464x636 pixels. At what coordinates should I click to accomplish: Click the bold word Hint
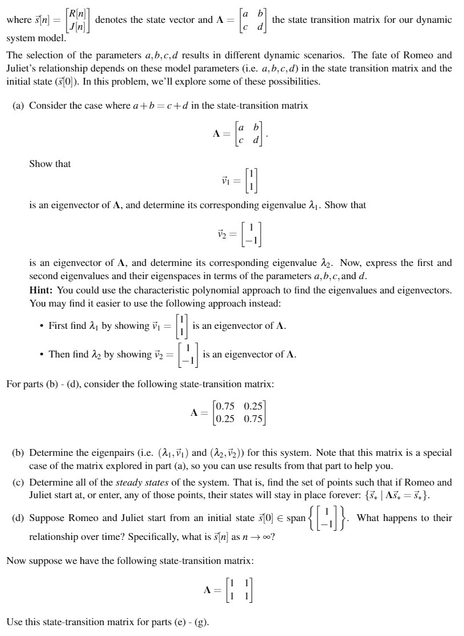41,290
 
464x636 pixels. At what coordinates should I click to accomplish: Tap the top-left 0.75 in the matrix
225,406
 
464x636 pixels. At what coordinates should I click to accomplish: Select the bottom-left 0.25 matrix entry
225,418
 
